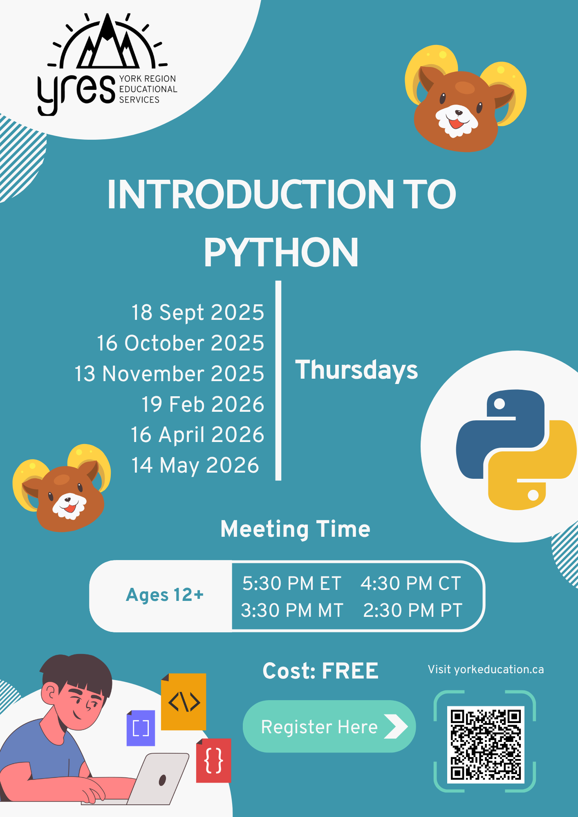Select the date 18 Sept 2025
(198, 313)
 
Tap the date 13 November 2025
(169, 374)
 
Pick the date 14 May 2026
(195, 466)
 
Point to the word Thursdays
(356, 370)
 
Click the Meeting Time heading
(295, 529)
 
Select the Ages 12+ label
(165, 595)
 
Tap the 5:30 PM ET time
(292, 583)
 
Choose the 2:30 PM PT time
(413, 610)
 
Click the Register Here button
(329, 727)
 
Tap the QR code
(485, 744)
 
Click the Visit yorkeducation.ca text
(486, 670)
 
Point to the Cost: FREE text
(320, 671)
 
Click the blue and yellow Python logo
(516, 450)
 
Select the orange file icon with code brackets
(184, 701)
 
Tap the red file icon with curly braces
(213, 760)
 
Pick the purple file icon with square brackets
(141, 728)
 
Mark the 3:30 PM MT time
(292, 610)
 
